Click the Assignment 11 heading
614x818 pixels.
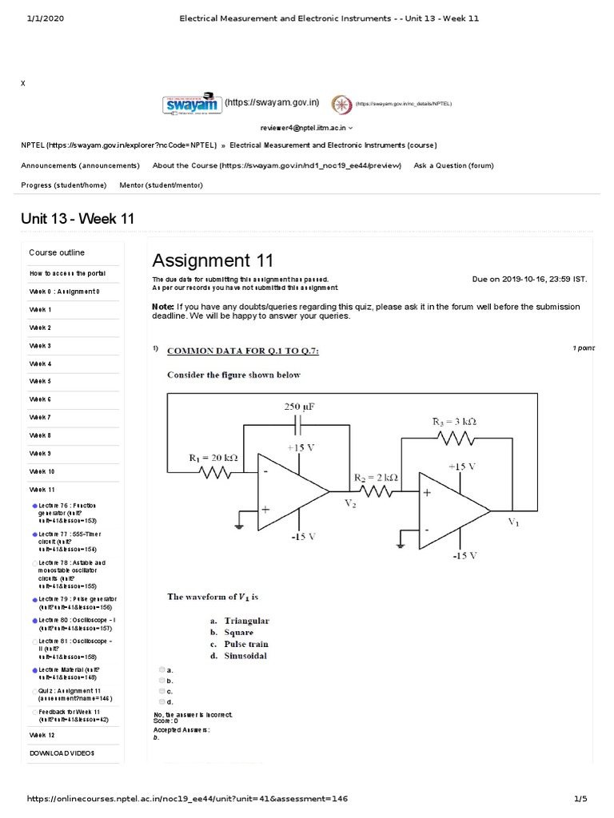coord(213,260)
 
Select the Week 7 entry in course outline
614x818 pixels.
coord(40,417)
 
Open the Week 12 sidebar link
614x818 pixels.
coord(42,734)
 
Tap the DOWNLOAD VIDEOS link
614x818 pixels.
coord(62,752)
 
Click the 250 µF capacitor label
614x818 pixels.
coord(300,407)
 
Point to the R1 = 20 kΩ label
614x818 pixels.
coord(213,458)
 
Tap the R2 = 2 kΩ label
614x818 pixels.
coord(376,478)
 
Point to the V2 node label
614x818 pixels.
coord(351,503)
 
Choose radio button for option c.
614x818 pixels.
coord(162,690)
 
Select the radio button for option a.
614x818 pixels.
coord(162,669)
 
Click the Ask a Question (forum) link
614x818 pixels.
coord(453,165)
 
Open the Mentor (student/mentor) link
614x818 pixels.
coord(161,185)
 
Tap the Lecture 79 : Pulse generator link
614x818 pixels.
coord(76,602)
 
